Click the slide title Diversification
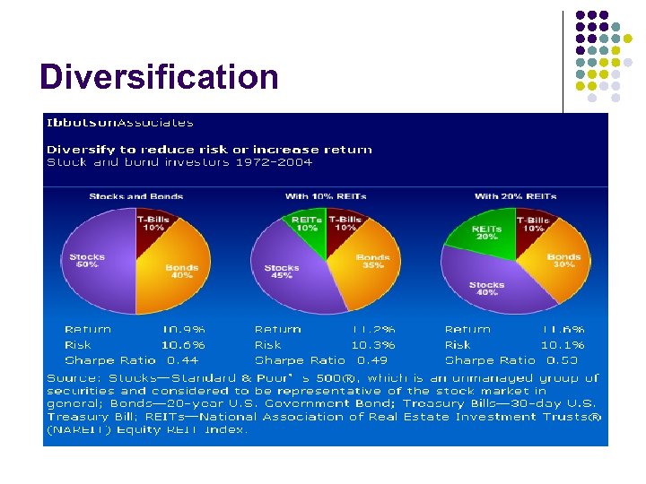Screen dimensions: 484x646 (x=159, y=77)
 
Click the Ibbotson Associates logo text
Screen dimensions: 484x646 (x=119, y=123)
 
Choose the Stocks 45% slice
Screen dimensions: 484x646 (x=283, y=272)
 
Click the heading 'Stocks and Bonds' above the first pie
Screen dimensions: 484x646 (x=135, y=196)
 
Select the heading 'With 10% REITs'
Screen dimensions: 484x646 (x=326, y=196)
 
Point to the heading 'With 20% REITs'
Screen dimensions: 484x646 (x=515, y=196)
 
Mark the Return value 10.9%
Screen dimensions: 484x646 (x=183, y=330)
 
